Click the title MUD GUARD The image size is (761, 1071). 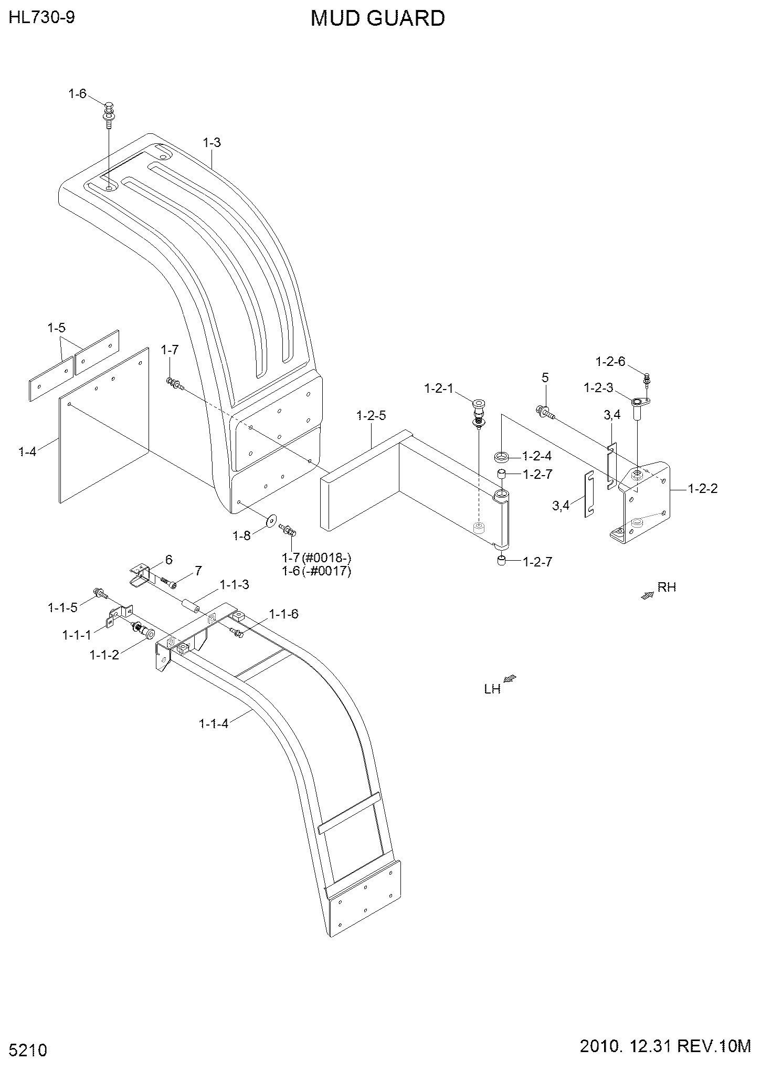[x=378, y=18]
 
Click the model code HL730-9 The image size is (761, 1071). [x=42, y=18]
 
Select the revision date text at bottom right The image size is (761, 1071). [x=665, y=1047]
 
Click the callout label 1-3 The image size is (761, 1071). [x=212, y=142]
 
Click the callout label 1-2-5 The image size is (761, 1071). [x=371, y=416]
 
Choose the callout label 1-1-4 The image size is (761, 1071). [x=214, y=723]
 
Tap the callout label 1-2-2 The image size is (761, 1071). [x=703, y=489]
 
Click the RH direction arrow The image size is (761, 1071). [x=648, y=595]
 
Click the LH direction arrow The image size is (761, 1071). [x=510, y=679]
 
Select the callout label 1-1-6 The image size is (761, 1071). [x=284, y=614]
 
